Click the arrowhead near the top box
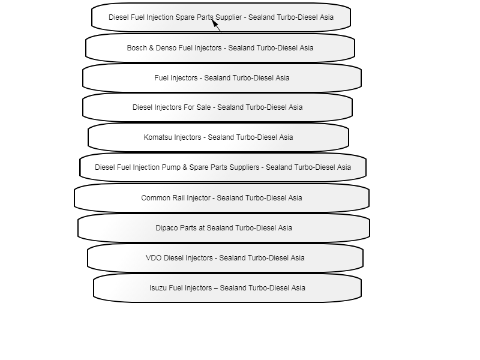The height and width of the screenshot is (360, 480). (x=215, y=23)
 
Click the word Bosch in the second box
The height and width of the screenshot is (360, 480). (x=137, y=48)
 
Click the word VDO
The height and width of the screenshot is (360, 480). (x=154, y=258)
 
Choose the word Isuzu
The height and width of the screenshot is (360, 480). (x=158, y=288)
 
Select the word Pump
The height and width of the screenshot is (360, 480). (x=171, y=167)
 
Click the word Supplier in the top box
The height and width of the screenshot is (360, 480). (x=229, y=17)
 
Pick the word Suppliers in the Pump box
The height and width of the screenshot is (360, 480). (x=244, y=167)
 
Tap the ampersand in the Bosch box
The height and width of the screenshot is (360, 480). (x=151, y=48)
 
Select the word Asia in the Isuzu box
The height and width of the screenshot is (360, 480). (x=298, y=288)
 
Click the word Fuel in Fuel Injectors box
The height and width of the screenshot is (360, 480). (x=161, y=78)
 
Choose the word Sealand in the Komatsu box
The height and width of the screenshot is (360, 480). (x=220, y=137)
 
